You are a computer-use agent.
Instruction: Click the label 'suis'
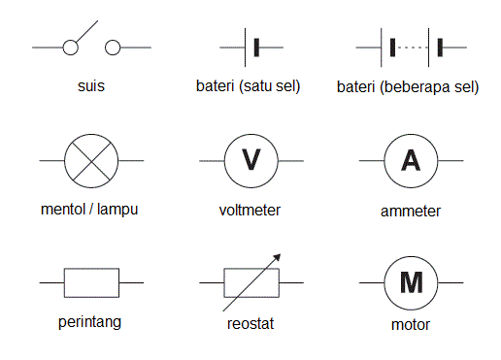click(x=91, y=85)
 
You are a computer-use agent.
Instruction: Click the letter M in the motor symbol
click(x=412, y=282)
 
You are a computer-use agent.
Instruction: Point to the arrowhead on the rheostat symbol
click(x=278, y=257)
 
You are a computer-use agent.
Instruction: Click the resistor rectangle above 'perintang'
click(x=91, y=282)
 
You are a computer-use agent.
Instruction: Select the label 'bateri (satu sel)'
click(x=248, y=85)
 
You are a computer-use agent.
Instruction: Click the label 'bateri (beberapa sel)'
click(x=408, y=85)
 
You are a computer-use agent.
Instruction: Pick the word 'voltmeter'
click(x=250, y=210)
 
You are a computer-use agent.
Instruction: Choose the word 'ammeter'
click(x=411, y=211)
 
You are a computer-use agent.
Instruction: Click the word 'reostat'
click(x=250, y=324)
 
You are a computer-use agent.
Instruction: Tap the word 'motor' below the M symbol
click(x=411, y=324)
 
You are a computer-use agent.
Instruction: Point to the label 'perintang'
click(x=90, y=321)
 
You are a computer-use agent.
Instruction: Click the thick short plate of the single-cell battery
click(x=256, y=46)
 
